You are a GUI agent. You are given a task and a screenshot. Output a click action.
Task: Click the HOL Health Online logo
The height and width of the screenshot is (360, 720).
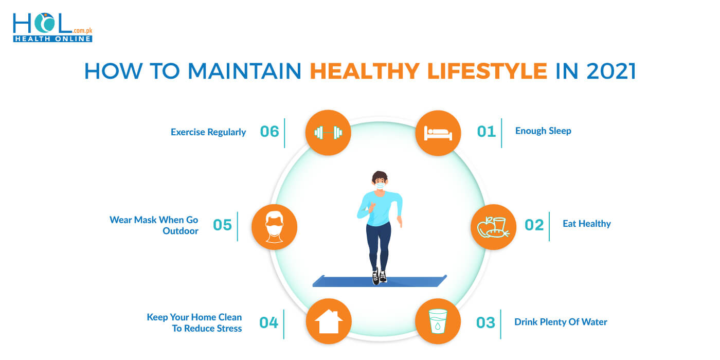[52, 28]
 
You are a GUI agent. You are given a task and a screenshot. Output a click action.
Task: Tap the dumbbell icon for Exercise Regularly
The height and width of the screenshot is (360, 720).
[328, 133]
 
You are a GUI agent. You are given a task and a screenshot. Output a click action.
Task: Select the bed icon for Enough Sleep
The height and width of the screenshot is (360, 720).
[438, 133]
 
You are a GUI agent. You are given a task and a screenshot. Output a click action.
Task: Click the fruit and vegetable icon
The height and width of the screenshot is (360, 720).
[493, 227]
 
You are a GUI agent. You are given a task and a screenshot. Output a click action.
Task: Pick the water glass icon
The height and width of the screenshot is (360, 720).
[438, 321]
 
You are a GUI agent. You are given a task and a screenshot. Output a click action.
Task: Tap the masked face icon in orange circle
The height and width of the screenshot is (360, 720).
[274, 227]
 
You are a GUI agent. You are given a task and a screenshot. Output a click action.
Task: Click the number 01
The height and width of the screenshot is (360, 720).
[486, 132]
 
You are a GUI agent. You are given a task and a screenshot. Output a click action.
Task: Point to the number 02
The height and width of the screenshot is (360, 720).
[534, 225]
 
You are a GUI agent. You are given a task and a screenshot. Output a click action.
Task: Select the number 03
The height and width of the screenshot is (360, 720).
[485, 323]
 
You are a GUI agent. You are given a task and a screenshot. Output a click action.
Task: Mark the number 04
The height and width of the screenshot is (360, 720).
[268, 323]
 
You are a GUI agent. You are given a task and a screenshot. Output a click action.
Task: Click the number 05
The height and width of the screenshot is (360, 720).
[222, 225]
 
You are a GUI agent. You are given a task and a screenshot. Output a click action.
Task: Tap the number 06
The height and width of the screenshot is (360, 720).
[269, 132]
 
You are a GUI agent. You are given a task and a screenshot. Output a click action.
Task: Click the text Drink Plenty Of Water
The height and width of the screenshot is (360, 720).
[561, 322]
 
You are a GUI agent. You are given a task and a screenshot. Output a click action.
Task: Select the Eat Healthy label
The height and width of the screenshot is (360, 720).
[586, 224]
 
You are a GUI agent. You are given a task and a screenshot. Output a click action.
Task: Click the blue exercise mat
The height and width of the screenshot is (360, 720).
[411, 281]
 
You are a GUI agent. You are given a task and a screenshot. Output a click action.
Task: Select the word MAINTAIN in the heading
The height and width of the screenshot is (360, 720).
[245, 71]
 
